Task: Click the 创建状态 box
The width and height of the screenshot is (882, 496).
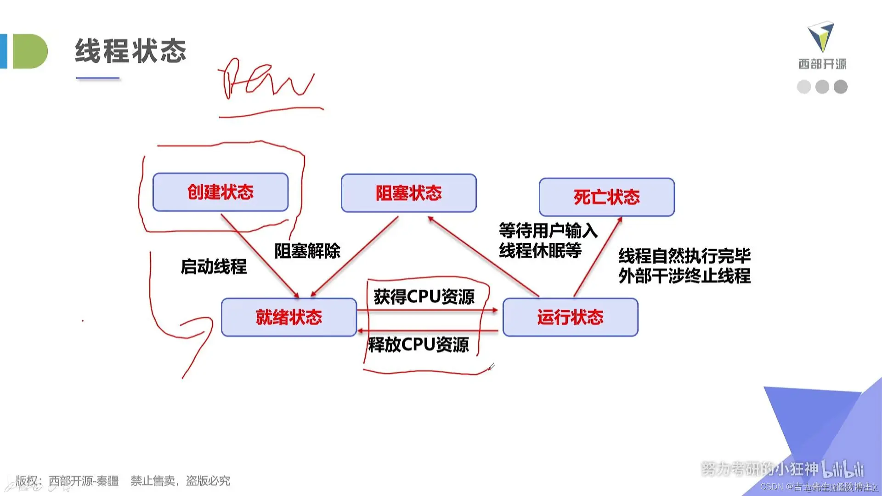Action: point(220,192)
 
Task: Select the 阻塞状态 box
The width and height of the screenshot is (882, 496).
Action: point(408,193)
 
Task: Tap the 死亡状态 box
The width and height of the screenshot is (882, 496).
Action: point(606,197)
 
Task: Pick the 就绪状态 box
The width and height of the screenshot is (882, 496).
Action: point(289,317)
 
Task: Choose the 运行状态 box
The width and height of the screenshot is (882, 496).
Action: point(570,317)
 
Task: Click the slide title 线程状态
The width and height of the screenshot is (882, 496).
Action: point(131,51)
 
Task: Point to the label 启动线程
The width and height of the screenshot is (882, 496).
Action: point(214,266)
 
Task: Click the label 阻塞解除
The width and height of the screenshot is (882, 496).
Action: point(307,251)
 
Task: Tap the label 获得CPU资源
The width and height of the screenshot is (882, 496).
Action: point(424,297)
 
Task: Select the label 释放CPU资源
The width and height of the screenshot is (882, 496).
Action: point(418,344)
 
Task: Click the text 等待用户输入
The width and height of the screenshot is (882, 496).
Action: point(548,230)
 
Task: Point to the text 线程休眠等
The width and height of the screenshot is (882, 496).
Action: point(540,251)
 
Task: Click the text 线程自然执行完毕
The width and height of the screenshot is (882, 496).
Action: point(684,255)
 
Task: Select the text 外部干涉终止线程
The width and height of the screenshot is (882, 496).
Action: point(684,276)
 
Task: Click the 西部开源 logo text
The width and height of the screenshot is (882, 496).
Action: point(822,64)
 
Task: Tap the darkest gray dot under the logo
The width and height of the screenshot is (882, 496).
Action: point(840,87)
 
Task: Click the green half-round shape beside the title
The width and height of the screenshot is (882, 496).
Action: point(29,51)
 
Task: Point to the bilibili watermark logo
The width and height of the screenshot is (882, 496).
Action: point(843,469)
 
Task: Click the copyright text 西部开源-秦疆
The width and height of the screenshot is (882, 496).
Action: point(84,481)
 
